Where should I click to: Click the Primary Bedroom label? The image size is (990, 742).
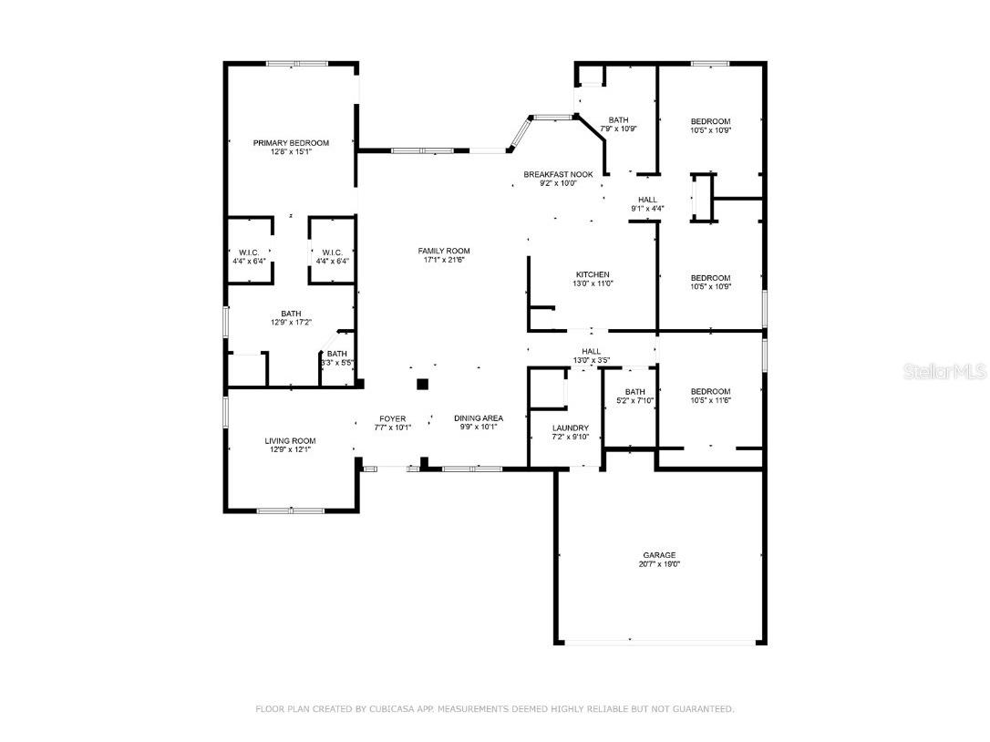291,143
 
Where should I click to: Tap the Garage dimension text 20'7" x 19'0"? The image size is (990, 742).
659,565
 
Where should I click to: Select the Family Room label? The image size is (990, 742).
444,251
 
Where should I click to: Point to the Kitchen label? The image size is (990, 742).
593,274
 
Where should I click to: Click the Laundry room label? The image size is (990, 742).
571,428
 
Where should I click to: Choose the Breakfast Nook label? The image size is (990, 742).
558,174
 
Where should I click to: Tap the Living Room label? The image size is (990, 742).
290,441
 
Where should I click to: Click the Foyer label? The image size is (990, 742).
392,418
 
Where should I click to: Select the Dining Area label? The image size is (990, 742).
479,418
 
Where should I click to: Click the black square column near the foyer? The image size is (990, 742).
422,385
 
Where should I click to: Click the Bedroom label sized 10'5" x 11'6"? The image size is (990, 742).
710,391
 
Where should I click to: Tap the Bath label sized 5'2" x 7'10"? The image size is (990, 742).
634,392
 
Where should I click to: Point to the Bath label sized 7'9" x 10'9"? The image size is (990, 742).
618,119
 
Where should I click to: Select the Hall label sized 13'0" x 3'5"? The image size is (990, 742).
591,351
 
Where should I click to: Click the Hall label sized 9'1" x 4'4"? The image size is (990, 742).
647,200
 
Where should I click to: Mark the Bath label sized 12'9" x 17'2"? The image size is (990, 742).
291,313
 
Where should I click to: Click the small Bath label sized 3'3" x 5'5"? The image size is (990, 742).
336,354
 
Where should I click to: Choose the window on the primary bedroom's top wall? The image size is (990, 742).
297,64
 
